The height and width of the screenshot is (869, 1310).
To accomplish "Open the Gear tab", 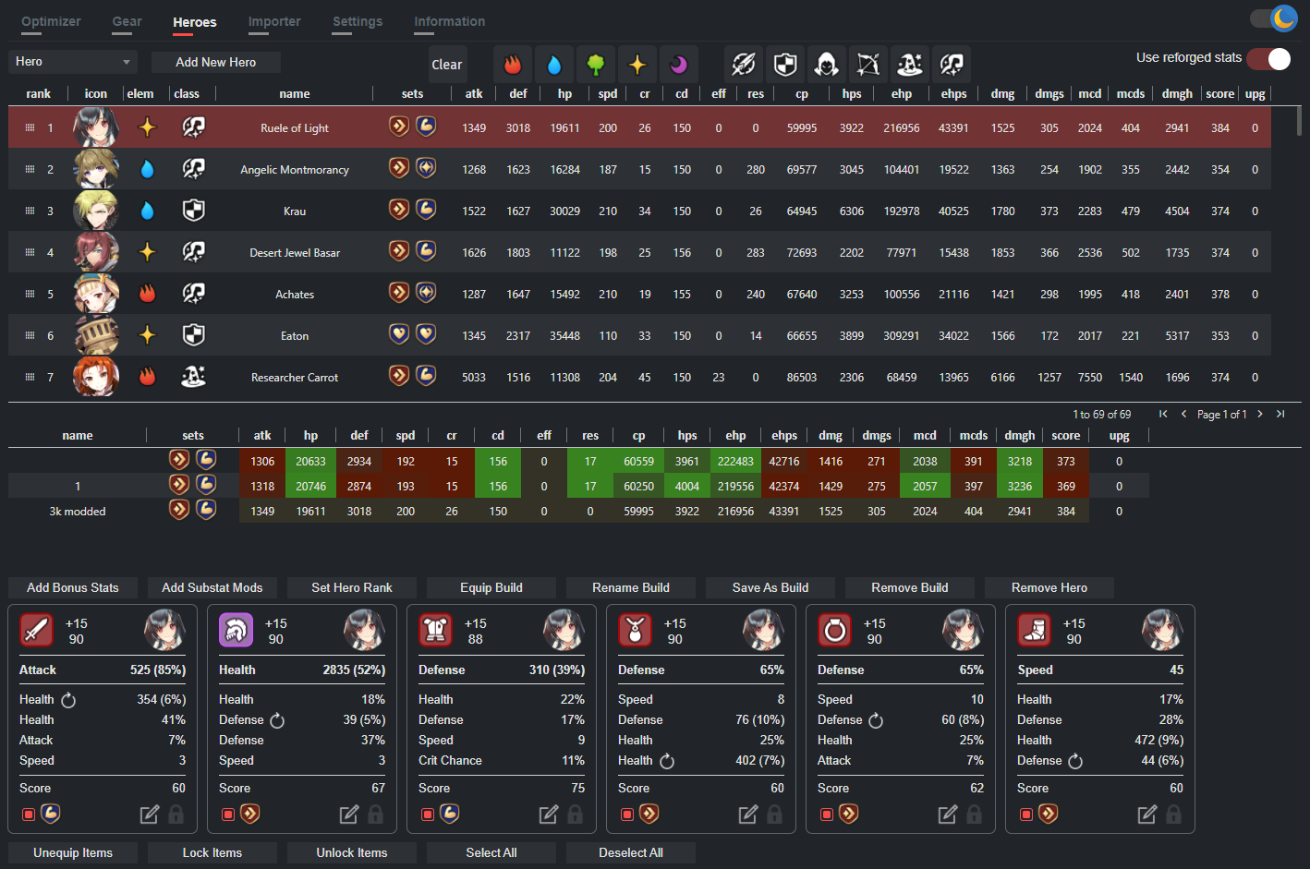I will (127, 21).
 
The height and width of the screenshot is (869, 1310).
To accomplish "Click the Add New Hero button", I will (215, 62).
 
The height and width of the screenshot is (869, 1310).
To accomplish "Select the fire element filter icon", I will (513, 64).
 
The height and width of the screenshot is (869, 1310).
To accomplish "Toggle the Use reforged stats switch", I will (1269, 59).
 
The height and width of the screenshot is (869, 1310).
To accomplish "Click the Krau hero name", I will (295, 211).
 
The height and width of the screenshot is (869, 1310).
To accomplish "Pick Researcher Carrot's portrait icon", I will (96, 377).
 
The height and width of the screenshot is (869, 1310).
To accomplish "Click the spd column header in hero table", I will (607, 93).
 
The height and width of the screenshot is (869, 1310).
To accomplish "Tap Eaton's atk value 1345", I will (474, 336).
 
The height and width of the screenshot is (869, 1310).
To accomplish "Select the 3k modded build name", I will (78, 512).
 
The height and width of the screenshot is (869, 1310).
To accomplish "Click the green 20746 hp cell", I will (310, 487).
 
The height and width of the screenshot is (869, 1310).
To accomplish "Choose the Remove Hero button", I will (1049, 587).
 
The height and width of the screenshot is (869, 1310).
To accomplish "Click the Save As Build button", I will (770, 587).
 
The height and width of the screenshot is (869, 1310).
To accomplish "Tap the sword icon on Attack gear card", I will (37, 631).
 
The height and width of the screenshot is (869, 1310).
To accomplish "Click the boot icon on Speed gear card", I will (1035, 631).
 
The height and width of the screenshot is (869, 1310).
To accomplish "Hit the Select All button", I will (491, 852).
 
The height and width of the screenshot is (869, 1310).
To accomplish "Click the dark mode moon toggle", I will (1282, 18).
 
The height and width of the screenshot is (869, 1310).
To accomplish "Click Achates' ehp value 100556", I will (901, 295).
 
